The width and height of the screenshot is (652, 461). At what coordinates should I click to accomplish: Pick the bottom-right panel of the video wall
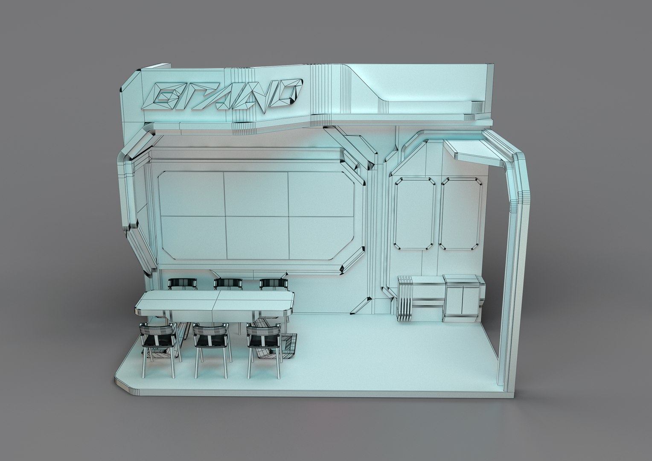(x=320, y=237)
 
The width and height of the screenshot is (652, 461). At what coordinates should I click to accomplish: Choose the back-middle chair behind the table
(x=228, y=283)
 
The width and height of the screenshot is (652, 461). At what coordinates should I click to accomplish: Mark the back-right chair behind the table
(x=274, y=283)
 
